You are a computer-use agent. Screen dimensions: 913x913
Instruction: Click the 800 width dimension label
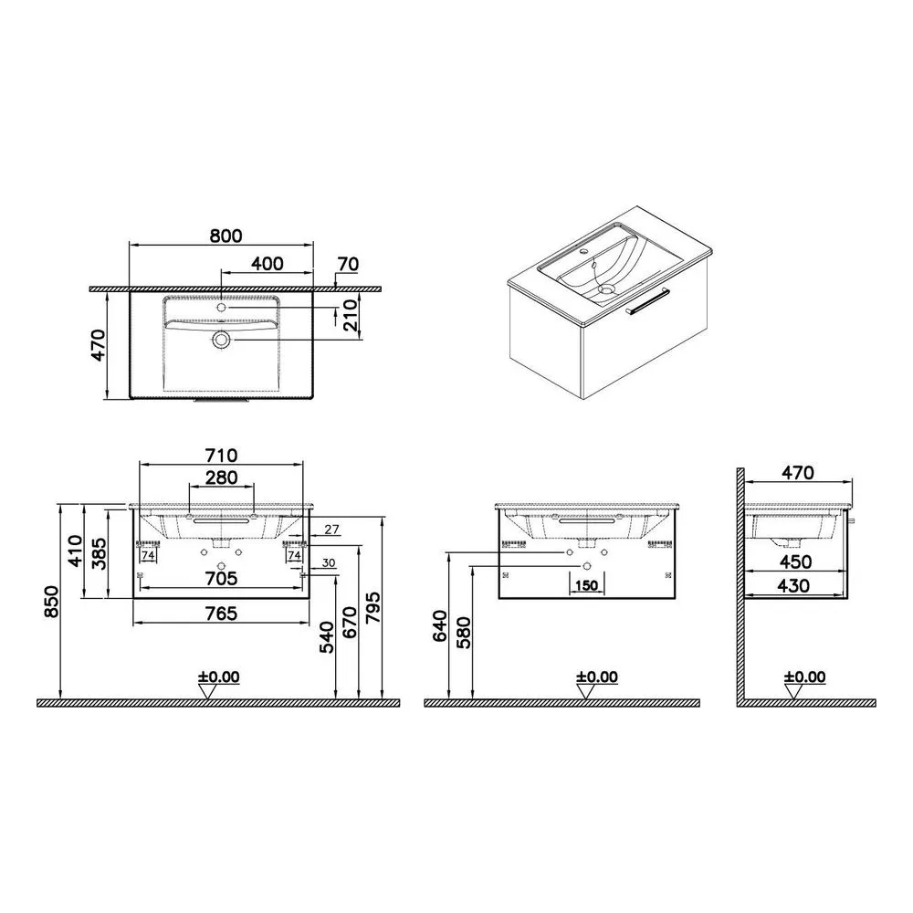[226, 236]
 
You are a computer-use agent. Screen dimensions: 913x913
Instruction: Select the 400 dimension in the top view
[268, 263]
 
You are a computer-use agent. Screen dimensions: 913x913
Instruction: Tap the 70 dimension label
[348, 264]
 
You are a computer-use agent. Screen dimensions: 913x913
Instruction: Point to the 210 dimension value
[351, 316]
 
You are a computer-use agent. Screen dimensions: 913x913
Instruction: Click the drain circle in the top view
[221, 339]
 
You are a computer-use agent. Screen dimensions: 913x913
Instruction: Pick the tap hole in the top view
[221, 307]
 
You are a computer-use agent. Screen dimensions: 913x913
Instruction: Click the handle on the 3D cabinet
[647, 301]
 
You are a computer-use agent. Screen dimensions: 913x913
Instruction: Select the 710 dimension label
[221, 455]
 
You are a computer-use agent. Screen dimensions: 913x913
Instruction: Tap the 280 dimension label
[222, 477]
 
